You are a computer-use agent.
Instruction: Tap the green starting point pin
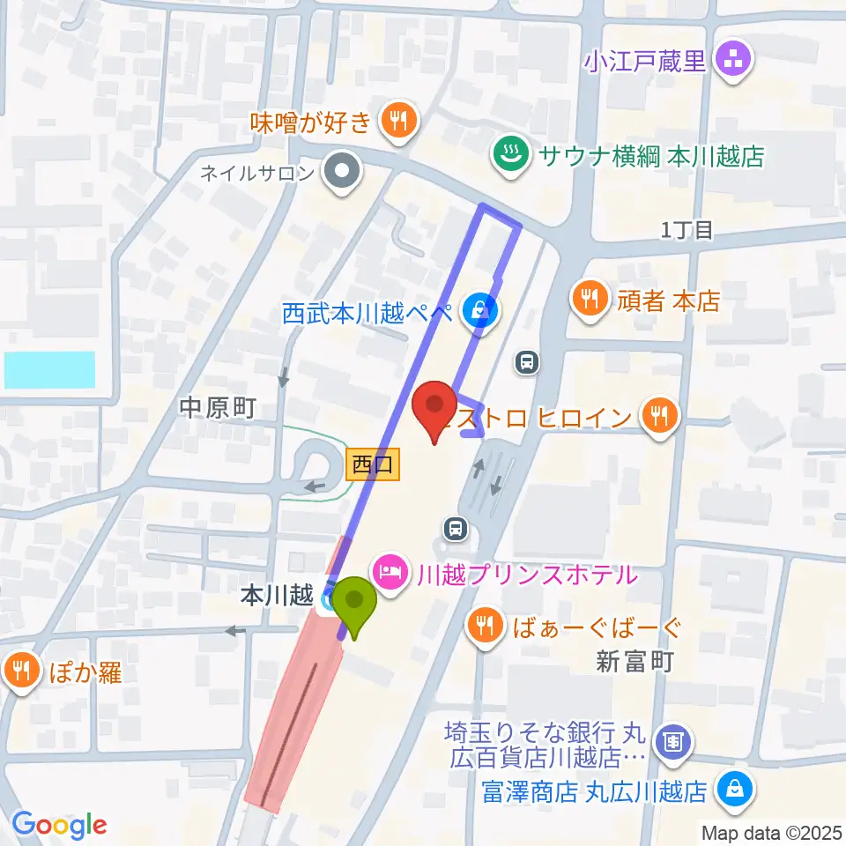pyautogui.click(x=355, y=604)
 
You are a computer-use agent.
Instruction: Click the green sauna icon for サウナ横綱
pyautogui.click(x=508, y=155)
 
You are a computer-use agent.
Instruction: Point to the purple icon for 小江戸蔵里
pyautogui.click(x=733, y=61)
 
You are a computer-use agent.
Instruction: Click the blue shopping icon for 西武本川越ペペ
pyautogui.click(x=479, y=311)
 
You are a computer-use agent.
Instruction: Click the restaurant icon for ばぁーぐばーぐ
pyautogui.click(x=485, y=627)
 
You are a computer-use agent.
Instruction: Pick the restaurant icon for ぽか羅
pyautogui.click(x=20, y=672)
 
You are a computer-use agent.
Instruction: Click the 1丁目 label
pyautogui.click(x=686, y=231)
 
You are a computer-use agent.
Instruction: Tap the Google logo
pyautogui.click(x=59, y=825)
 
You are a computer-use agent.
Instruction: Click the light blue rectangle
pyautogui.click(x=49, y=370)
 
